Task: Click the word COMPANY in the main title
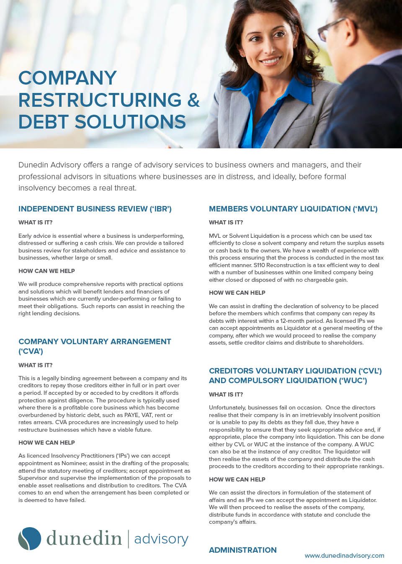pyautogui.click(x=67, y=78)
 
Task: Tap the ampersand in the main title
pyautogui.click(x=193, y=100)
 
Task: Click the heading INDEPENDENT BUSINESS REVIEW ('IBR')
pyautogui.click(x=95, y=209)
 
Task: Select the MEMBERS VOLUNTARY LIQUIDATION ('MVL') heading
pyautogui.click(x=293, y=209)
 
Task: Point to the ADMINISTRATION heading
pyautogui.click(x=242, y=550)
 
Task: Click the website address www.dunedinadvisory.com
pyautogui.click(x=344, y=556)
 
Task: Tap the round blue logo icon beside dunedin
pyautogui.click(x=30, y=538)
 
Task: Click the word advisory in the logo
pyautogui.click(x=161, y=539)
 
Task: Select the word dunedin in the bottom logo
pyautogui.click(x=84, y=538)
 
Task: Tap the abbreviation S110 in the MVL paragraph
pyautogui.click(x=259, y=265)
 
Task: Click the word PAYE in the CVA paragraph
pyautogui.click(x=131, y=415)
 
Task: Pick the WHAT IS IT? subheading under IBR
pyautogui.click(x=36, y=222)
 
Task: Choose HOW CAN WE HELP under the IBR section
pyautogui.click(x=46, y=271)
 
